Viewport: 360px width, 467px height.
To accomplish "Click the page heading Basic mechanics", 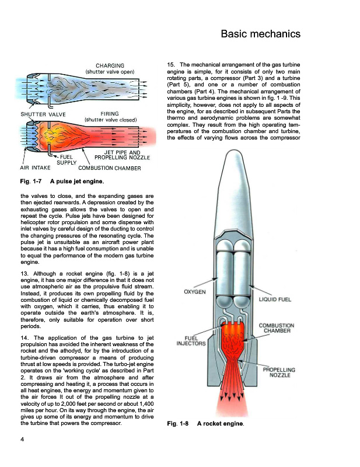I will pos(260,34).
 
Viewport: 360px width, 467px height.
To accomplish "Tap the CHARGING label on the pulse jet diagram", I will pos(110,65).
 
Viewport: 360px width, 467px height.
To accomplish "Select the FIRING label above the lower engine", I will pos(110,114).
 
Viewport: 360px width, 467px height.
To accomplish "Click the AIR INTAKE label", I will pos(35,168).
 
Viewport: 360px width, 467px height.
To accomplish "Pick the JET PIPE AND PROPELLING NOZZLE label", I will pos(123,155).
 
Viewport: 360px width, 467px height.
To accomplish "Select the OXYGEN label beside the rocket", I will pos(194,291).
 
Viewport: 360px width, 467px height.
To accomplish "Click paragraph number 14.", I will pos(25,338).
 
